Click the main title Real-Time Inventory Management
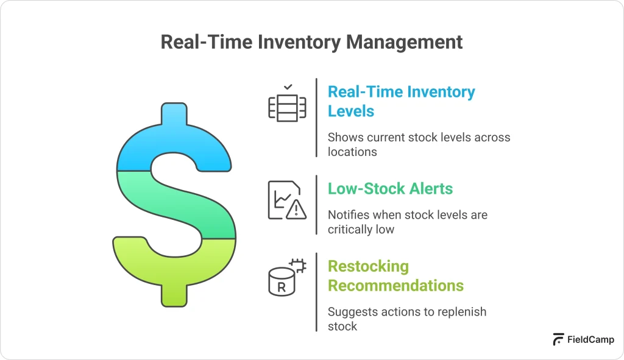311,42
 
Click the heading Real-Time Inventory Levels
400,101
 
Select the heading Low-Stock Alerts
390,189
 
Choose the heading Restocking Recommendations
395,276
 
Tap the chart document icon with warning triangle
287,200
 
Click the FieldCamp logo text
590,340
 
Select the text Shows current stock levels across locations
418,144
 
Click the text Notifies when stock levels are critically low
407,222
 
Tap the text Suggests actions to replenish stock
406,319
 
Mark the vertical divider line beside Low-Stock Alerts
316,204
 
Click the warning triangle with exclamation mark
297,210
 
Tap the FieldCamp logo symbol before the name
558,340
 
